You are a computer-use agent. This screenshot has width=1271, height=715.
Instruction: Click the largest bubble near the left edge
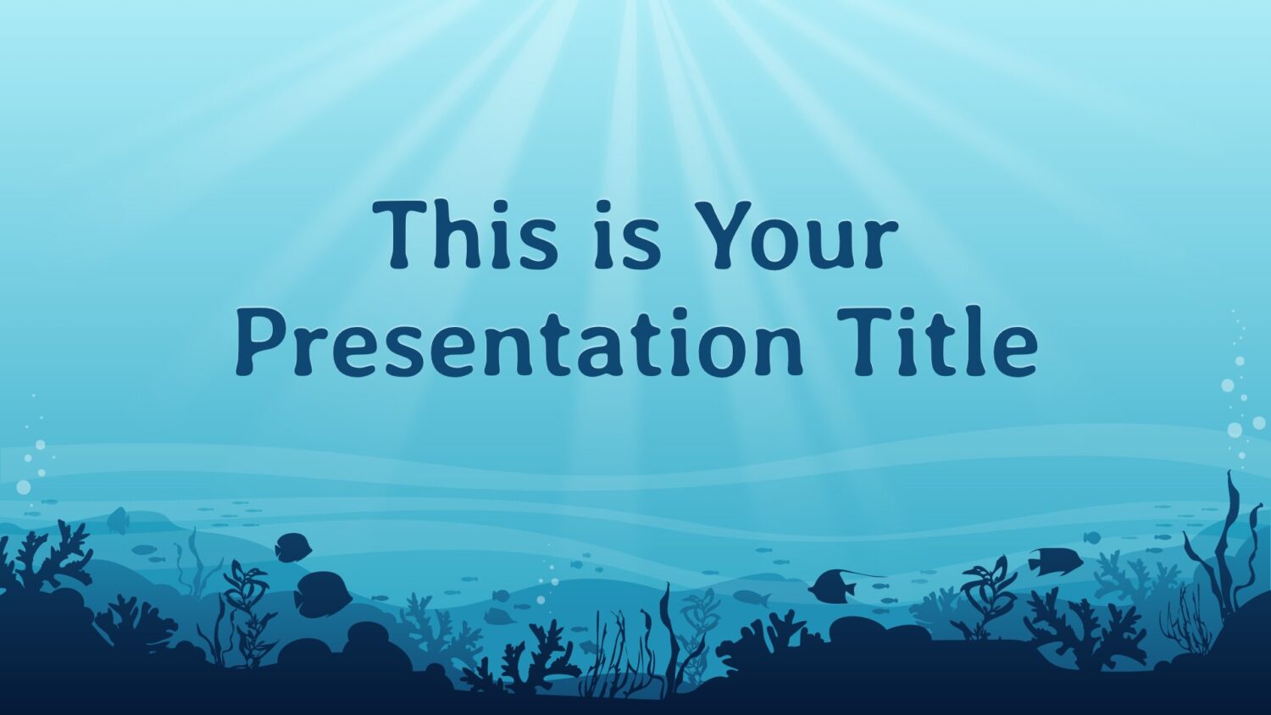pyautogui.click(x=23, y=487)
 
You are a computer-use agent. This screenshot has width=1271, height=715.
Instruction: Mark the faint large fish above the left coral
pyautogui.click(x=118, y=520)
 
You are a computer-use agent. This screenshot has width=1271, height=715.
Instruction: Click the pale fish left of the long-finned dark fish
pyautogui.click(x=752, y=598)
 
